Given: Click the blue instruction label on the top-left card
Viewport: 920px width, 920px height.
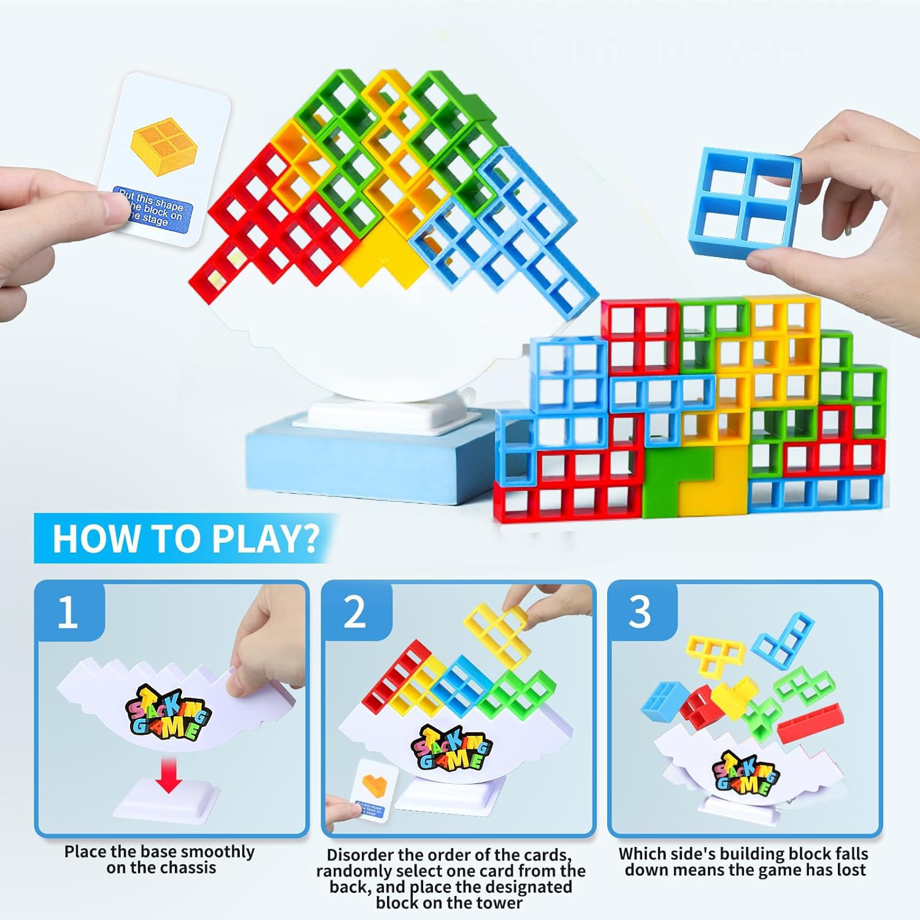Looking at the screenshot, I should (x=154, y=209).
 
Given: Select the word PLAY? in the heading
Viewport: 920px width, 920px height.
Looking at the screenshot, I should (x=265, y=539).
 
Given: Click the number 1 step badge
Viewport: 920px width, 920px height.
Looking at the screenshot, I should (x=67, y=612).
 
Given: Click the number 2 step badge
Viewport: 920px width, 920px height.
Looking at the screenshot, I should (x=355, y=612).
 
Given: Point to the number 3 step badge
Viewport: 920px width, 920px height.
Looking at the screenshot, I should (x=640, y=612).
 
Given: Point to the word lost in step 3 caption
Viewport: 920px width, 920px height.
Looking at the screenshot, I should (x=846, y=870).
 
